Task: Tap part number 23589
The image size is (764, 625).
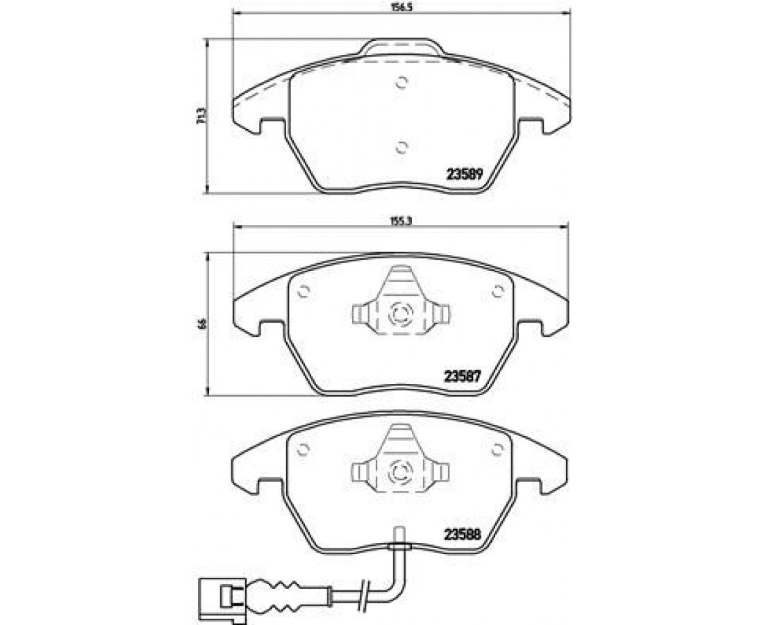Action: coord(465,174)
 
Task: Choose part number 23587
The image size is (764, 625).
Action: coord(463,376)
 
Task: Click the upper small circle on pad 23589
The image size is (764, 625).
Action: coord(401,83)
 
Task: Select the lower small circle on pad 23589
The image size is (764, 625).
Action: coord(401,147)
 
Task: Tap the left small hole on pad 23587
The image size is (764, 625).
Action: coord(303,291)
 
